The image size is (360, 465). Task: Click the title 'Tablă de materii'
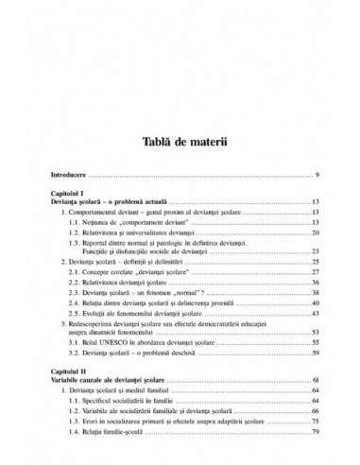(x=180, y=143)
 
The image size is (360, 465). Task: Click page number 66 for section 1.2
(x=315, y=412)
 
